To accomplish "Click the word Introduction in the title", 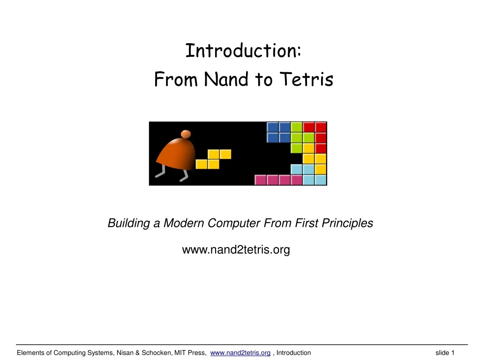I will tap(241, 51).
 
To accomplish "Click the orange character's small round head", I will tap(186, 135).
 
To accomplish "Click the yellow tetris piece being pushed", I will tap(214, 159).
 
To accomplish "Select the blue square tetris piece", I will tap(278, 132).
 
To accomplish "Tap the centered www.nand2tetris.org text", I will tap(236, 250).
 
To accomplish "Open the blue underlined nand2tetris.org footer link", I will tap(240, 352).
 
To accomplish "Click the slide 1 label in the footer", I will tap(445, 352).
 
